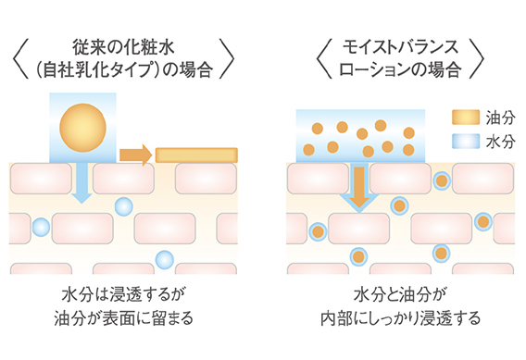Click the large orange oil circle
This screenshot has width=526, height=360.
[82, 128]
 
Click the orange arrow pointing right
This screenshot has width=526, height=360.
[135, 155]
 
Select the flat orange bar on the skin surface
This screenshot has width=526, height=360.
[196, 155]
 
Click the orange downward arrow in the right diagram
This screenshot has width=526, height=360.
[359, 187]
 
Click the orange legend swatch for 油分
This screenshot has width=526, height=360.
[466, 118]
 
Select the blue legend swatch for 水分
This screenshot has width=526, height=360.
[466, 141]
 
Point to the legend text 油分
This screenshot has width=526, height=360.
[500, 118]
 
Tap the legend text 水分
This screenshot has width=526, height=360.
[500, 142]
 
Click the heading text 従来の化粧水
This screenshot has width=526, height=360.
[123, 47]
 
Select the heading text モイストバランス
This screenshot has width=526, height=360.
[400, 47]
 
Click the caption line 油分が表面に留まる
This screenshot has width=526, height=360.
[124, 317]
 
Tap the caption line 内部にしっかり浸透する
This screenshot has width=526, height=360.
[401, 317]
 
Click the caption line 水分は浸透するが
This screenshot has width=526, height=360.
[123, 294]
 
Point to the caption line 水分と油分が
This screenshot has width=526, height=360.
[400, 294]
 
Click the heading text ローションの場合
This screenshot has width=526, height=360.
[400, 69]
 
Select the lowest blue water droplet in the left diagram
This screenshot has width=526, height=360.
[165, 259]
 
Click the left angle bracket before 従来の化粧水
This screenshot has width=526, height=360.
[20, 58]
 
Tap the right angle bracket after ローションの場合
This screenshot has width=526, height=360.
[477, 58]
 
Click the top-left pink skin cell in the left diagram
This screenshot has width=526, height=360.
[41, 179]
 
